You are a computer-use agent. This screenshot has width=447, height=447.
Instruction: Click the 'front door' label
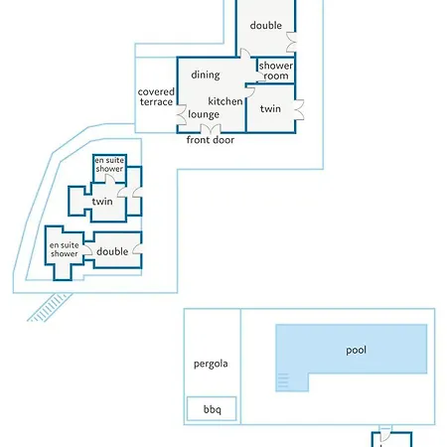(211, 140)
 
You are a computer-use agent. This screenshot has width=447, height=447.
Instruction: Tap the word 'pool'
(356, 351)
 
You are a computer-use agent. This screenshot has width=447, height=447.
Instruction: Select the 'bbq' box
(212, 409)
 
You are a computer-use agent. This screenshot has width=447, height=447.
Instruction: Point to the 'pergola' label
(211, 364)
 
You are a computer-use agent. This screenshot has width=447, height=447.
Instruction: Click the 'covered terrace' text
(156, 96)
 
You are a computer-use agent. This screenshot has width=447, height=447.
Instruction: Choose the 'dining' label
(206, 74)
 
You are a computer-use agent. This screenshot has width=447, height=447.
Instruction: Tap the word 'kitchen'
(225, 101)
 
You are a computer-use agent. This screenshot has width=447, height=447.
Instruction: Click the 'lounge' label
(204, 114)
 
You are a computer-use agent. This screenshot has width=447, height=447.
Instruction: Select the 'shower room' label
(276, 71)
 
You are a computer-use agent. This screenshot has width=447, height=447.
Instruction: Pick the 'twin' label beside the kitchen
(270, 108)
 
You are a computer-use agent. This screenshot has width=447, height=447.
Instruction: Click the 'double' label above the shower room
(266, 25)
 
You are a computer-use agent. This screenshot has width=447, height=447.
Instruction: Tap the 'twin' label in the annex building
(102, 202)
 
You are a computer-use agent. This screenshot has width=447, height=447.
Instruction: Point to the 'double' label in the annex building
(112, 251)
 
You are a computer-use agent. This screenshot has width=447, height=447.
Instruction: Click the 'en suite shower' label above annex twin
(109, 164)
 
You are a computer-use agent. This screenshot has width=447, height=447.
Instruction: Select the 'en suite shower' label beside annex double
(65, 249)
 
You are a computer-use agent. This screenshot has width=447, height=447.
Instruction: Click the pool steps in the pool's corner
(283, 380)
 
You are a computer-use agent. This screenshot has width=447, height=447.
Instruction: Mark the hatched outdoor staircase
(50, 307)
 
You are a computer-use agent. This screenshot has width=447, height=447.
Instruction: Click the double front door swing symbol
(211, 128)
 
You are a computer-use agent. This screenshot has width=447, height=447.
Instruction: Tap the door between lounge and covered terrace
(182, 114)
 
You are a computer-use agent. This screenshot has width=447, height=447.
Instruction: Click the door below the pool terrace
(385, 434)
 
